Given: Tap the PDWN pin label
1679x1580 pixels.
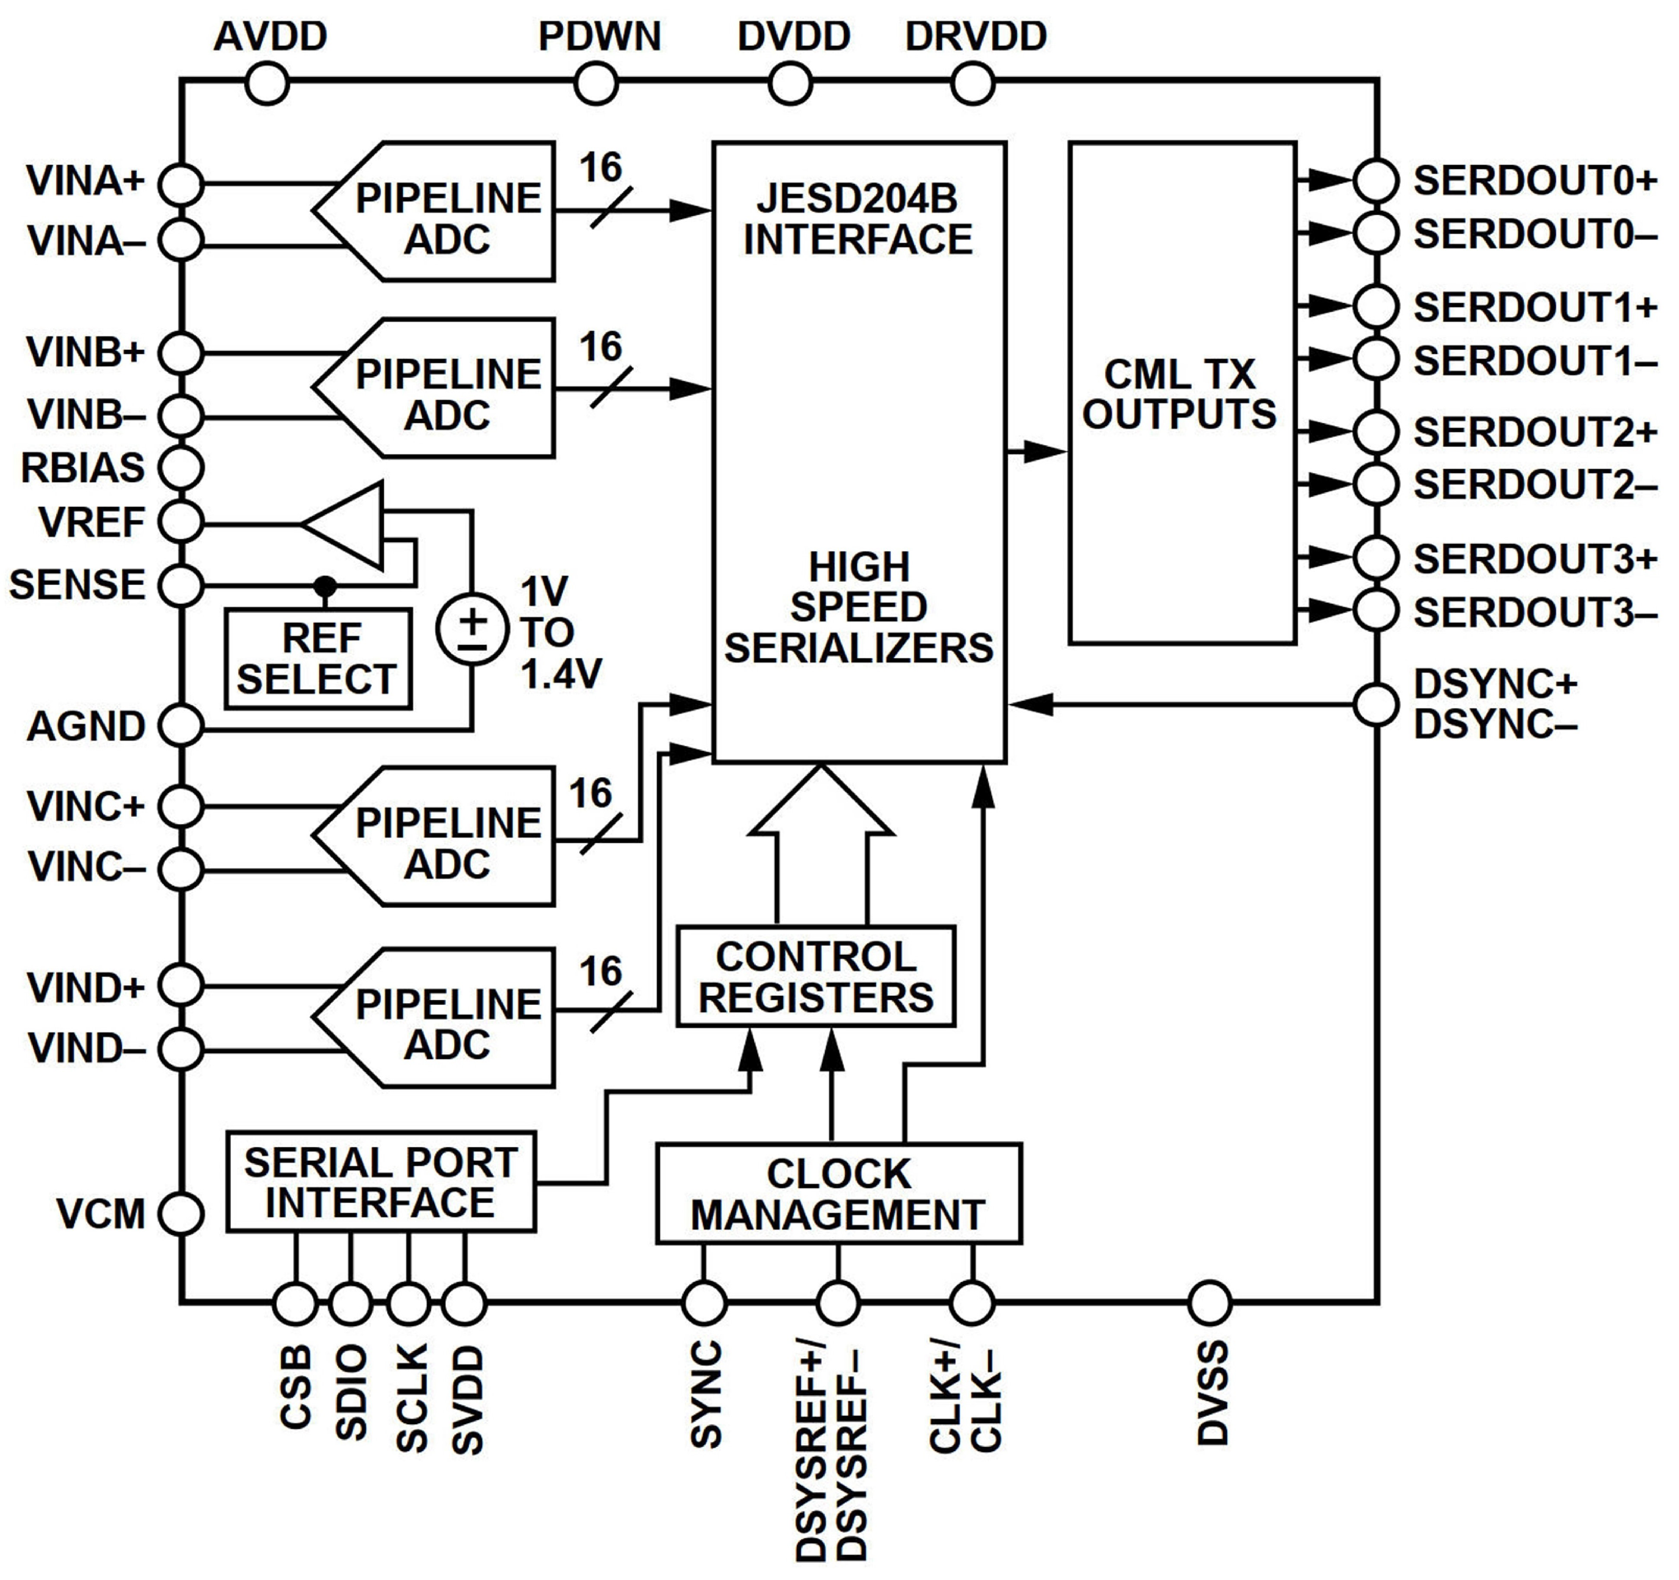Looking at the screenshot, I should (x=599, y=36).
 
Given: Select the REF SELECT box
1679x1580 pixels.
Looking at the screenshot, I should (x=319, y=658).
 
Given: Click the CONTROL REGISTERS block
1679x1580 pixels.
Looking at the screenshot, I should (x=816, y=976).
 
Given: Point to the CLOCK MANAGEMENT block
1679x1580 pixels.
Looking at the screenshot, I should (x=839, y=1193).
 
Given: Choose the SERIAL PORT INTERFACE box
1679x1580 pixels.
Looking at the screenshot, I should (x=381, y=1181).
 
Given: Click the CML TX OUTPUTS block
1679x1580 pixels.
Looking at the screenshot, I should (x=1181, y=394).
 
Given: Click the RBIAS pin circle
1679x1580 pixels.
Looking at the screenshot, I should (x=181, y=467).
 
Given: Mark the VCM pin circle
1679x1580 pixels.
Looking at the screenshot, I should (x=181, y=1214).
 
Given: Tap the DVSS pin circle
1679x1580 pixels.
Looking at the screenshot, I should (x=1209, y=1302).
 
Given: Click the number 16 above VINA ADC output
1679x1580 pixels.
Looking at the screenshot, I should (x=601, y=167).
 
